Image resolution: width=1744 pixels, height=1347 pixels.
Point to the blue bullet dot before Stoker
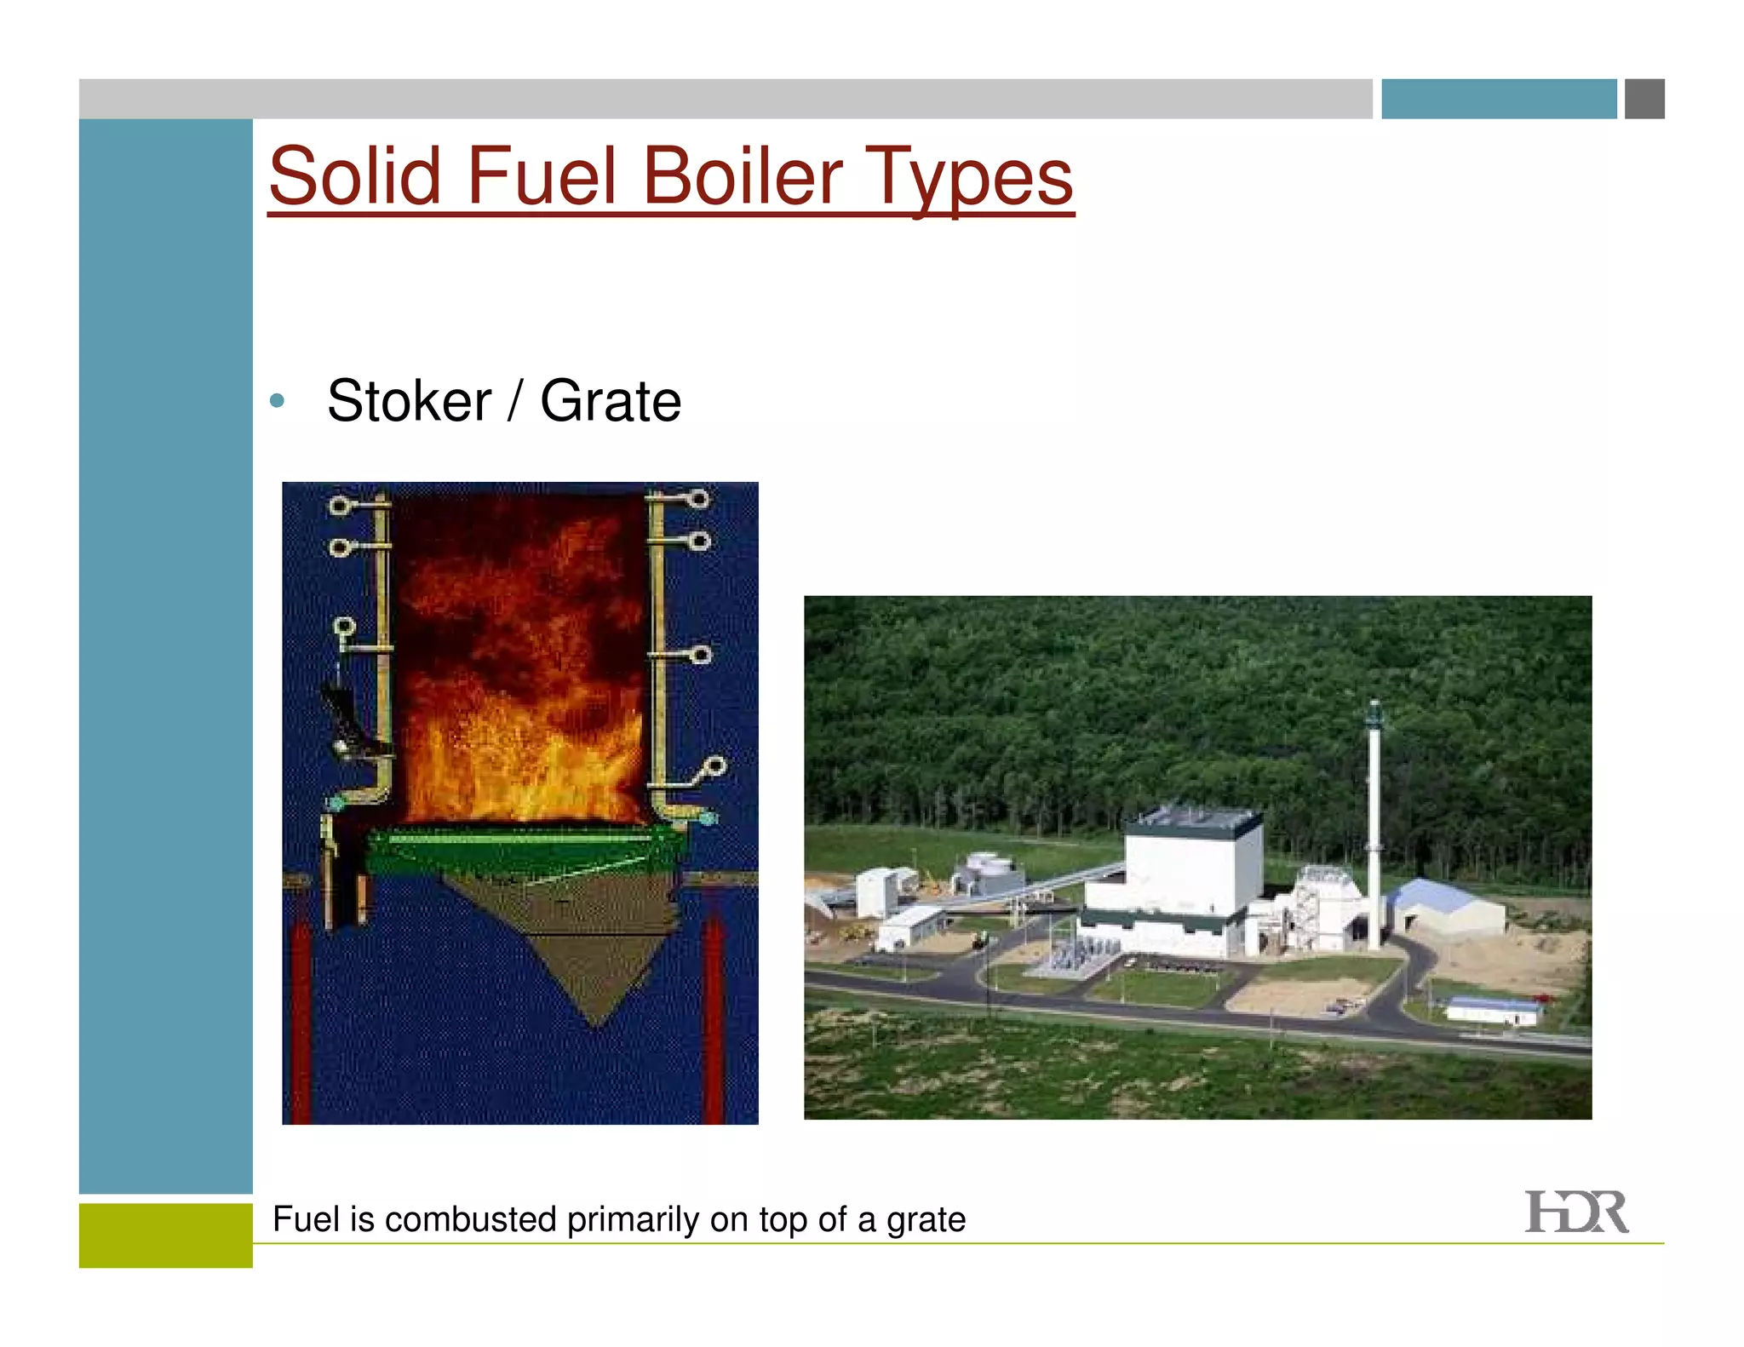[x=277, y=400]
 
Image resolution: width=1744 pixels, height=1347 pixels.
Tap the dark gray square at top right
[x=1644, y=99]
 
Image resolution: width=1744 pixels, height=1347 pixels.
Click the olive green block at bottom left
[x=165, y=1235]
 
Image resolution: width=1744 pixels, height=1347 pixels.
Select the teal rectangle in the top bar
[x=1498, y=99]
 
